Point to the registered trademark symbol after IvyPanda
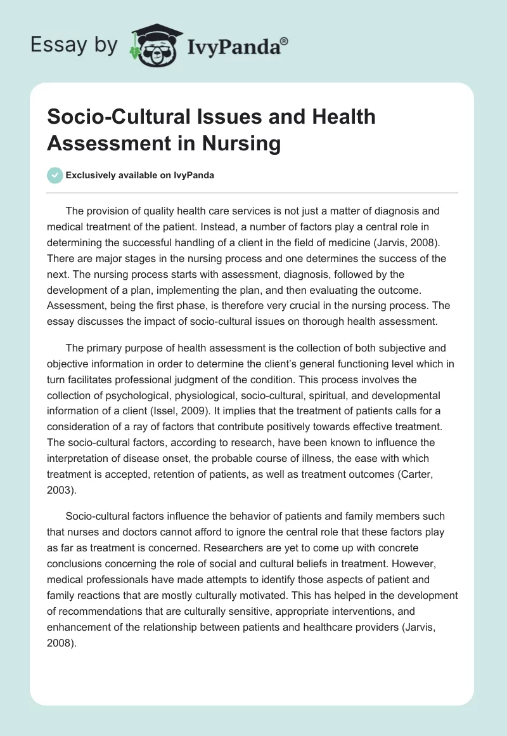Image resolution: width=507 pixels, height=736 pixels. click(x=285, y=40)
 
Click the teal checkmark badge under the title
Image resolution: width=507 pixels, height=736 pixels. click(x=55, y=175)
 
